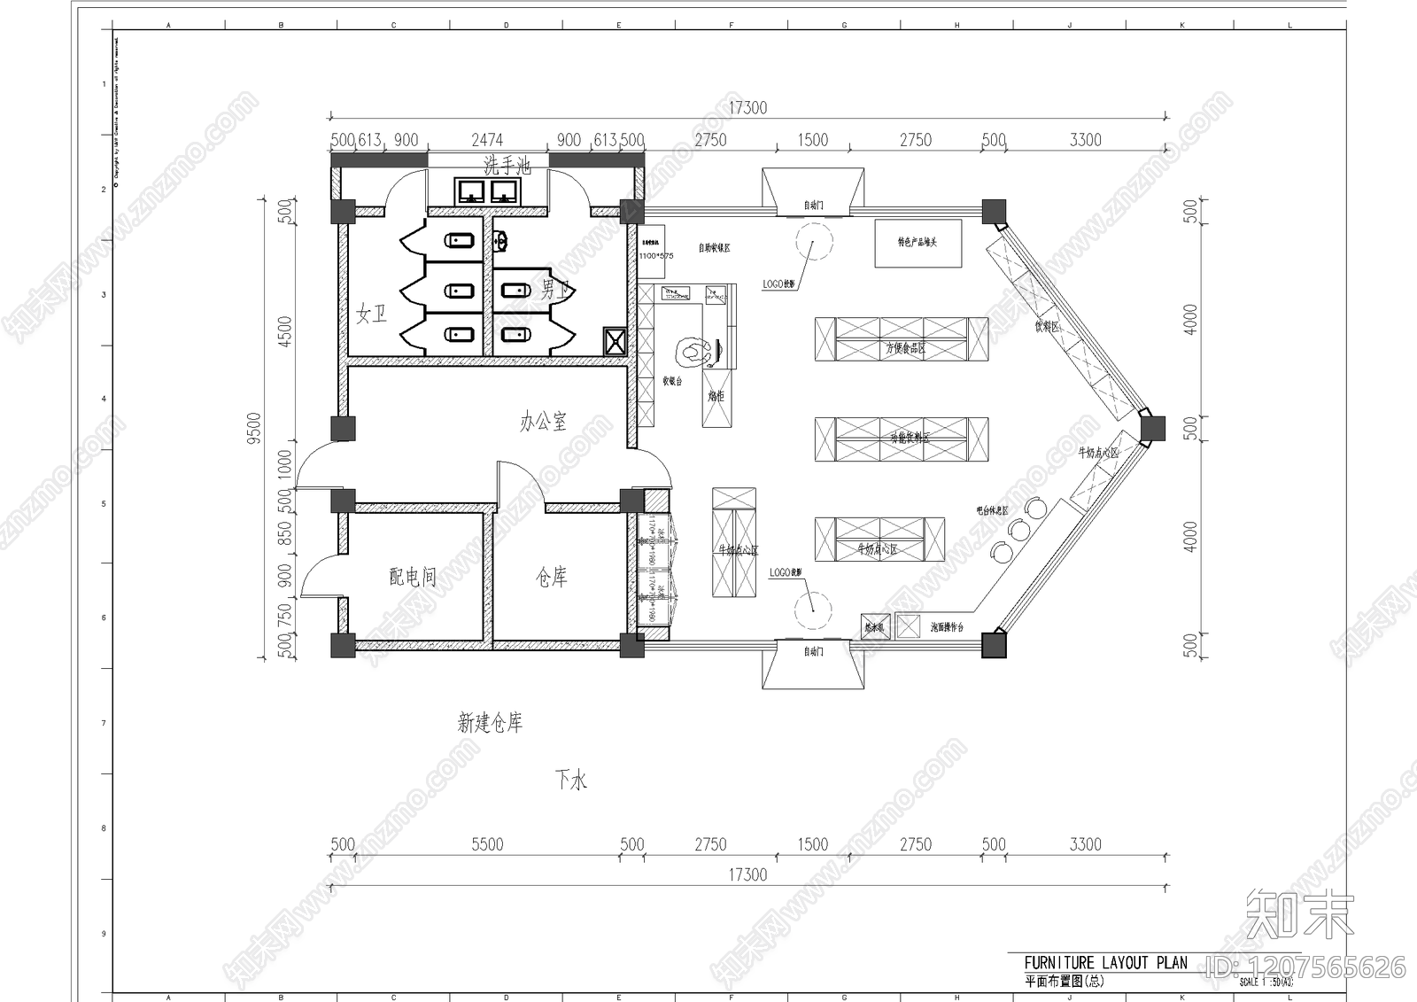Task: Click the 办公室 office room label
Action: [x=543, y=422]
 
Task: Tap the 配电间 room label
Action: [x=413, y=578]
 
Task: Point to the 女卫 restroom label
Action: [x=371, y=314]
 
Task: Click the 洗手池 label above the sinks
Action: [x=507, y=165]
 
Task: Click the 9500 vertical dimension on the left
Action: [x=254, y=428]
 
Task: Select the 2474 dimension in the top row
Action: [x=487, y=140]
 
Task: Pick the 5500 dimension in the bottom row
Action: [x=487, y=844]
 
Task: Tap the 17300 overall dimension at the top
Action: [x=747, y=108]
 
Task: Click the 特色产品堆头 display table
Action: [x=918, y=243]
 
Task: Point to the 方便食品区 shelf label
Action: [x=905, y=348]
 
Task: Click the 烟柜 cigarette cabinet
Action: [x=716, y=396]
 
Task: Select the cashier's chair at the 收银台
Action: [x=693, y=352]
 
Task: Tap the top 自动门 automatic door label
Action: [x=813, y=206]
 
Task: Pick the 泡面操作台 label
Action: [x=947, y=627]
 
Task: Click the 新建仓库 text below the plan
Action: [x=490, y=724]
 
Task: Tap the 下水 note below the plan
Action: [x=571, y=781]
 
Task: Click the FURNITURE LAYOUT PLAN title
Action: [x=1105, y=963]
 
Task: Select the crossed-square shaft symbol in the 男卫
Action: [x=615, y=340]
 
